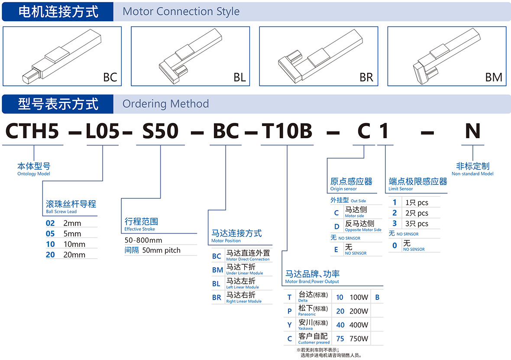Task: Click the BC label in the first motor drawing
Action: pos(110,77)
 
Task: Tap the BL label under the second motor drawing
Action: pos(239,77)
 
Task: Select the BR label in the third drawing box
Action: pos(366,77)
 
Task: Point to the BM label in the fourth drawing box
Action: pos(494,77)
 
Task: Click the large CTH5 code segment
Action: pos(32,131)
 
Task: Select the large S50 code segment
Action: pos(160,131)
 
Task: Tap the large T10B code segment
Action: pos(287,131)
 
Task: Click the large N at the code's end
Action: pos(472,131)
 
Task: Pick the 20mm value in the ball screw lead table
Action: pos(74,255)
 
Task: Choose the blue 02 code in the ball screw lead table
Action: pos(50,223)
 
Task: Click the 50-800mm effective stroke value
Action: pos(143,240)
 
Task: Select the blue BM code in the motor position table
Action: pos(217,270)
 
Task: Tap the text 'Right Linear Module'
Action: pos(244,302)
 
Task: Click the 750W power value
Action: pos(359,339)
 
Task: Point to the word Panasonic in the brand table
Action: pos(307,315)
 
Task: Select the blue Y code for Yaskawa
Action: pos(289,325)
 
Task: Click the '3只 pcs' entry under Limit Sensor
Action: pos(417,224)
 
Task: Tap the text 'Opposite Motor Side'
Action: pos(363,230)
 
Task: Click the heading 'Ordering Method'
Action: pos(165,104)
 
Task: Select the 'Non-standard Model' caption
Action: pos(472,174)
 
